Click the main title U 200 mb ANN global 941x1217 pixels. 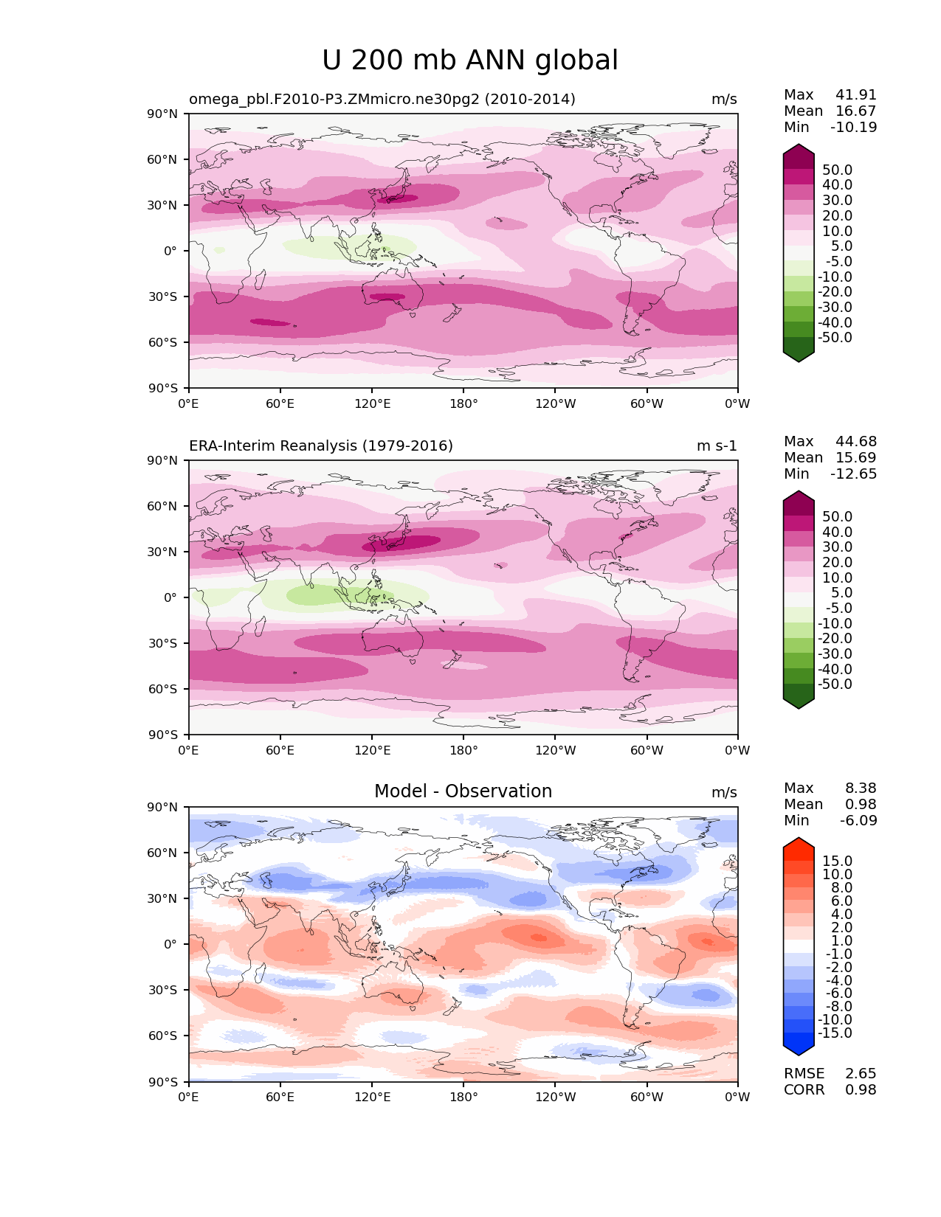point(470,60)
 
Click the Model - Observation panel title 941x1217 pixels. point(463,791)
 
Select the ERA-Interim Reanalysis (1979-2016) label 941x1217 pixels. point(321,445)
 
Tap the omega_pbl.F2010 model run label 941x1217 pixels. point(382,99)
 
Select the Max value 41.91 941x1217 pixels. point(856,94)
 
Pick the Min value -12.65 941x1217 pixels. point(854,474)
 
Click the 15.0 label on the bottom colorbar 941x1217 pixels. point(837,861)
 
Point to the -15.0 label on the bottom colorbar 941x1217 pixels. point(835,1033)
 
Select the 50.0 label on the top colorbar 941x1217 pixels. point(837,170)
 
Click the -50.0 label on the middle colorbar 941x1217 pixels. point(835,684)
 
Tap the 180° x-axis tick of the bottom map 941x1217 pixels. point(463,1097)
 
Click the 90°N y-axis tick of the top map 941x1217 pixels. point(163,114)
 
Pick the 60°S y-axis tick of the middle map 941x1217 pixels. point(163,689)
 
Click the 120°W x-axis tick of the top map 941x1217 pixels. point(555,403)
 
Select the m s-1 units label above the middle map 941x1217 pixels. point(717,445)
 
